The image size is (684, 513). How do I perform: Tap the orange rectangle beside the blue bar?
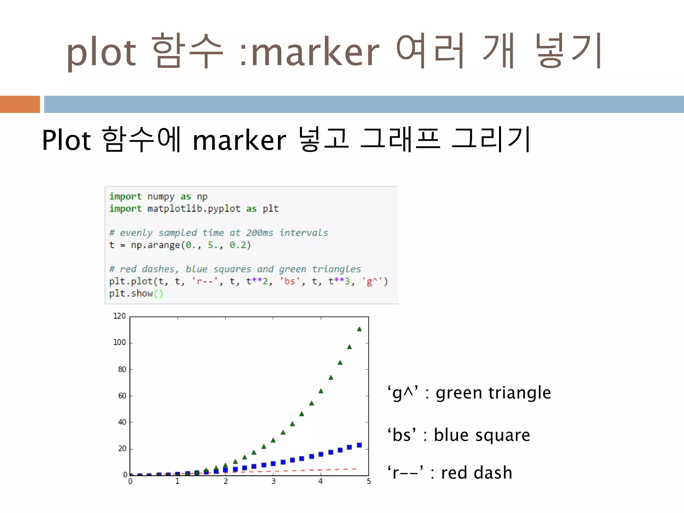coord(20,104)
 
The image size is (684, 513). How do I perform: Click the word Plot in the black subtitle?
coord(66,140)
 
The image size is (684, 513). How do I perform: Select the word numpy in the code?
coord(161,197)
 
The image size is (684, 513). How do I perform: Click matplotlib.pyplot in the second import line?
coord(194,209)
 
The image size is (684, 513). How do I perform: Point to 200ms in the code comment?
coord(260,233)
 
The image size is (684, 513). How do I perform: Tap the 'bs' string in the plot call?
coord(290,282)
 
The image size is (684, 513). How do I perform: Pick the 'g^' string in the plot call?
coord(371,282)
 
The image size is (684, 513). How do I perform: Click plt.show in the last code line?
coord(131,294)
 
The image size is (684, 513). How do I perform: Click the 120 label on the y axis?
coord(119,316)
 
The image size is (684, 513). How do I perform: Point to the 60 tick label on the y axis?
coord(122,396)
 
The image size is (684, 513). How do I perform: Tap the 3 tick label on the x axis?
coord(273,481)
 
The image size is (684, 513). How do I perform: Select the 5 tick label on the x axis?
coord(369,481)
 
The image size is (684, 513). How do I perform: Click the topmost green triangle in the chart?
coord(359,329)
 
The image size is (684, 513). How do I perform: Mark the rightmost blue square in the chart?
coord(359,445)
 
